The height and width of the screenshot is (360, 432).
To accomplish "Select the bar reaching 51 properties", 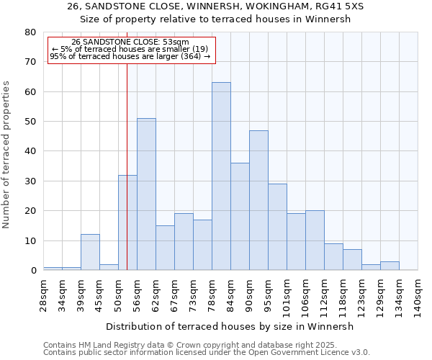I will coord(146,194).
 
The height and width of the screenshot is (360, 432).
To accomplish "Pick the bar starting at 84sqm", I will coord(240,217).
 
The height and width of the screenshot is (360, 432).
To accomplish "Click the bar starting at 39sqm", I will coord(90,252).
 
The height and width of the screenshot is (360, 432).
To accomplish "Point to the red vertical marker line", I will coord(127,144).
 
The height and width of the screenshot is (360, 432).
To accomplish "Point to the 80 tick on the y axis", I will coord(30,32).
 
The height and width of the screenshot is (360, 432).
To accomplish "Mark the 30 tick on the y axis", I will coord(30,181).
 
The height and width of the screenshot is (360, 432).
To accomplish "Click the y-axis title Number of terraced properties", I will coord(7,154).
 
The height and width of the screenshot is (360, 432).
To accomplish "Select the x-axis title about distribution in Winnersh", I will coord(230,326).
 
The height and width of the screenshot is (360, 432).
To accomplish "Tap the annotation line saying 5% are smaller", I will coord(130,49).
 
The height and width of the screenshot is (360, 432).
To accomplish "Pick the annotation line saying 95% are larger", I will coord(130,56).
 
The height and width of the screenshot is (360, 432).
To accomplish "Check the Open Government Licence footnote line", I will coord(207,352).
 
